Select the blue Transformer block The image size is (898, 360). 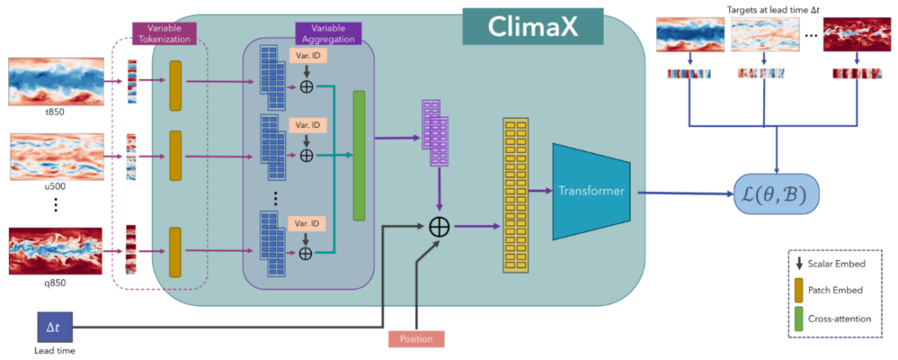click(591, 191)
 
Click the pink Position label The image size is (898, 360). click(415, 338)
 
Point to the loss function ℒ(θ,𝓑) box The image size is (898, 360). click(776, 194)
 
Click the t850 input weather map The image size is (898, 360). click(55, 82)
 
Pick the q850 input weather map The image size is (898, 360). click(55, 250)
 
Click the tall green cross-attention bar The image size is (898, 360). click(359, 155)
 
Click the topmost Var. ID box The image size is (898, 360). click(308, 54)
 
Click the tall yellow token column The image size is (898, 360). click(515, 196)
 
